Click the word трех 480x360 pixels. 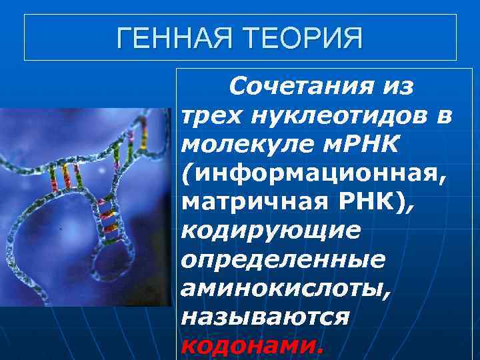coord(212,116)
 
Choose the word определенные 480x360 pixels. coord(283,259)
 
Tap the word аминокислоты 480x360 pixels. coord(288,288)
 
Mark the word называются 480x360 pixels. coord(265,316)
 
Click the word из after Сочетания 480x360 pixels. coord(398,87)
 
